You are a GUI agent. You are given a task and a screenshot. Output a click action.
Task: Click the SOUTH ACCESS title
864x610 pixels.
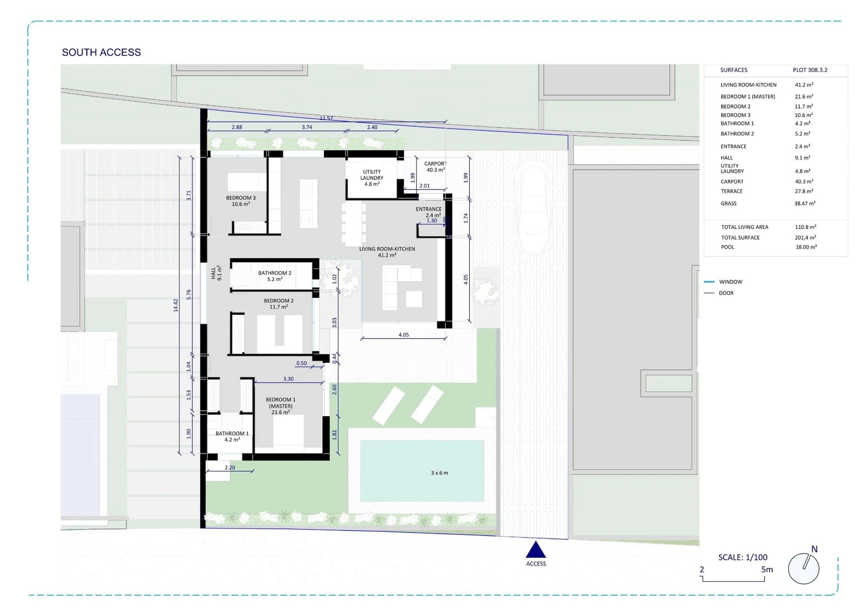coord(102,52)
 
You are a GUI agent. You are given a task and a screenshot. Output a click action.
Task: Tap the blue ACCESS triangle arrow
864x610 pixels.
coord(536,550)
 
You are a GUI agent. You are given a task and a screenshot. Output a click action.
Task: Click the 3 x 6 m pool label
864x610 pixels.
coord(440,473)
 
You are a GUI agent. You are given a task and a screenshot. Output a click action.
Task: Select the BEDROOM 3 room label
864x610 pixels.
coord(241,201)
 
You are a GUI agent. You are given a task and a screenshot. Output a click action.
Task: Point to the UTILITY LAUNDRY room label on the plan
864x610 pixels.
coord(372,178)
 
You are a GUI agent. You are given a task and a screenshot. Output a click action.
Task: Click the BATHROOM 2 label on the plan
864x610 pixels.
coord(275,276)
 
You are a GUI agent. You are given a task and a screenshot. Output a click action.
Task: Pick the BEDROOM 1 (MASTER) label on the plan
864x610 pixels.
coord(280,405)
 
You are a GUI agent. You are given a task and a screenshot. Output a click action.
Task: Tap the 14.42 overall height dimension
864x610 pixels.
coord(176,305)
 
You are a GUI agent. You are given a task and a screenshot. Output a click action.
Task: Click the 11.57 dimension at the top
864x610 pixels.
coord(326,118)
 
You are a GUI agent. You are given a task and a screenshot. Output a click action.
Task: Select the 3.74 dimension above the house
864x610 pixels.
coord(307,127)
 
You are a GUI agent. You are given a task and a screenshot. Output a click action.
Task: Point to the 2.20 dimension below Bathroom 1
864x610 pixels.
coord(230,467)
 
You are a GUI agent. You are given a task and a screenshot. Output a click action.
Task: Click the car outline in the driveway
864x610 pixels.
coord(534,207)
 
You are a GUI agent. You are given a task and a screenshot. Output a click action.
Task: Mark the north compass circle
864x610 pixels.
coord(804,568)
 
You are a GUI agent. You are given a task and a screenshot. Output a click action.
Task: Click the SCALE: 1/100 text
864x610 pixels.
coord(743,557)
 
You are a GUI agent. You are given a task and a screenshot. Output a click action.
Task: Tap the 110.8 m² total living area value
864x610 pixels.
coord(805,227)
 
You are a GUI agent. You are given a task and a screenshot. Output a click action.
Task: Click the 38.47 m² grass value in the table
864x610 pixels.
coord(805,203)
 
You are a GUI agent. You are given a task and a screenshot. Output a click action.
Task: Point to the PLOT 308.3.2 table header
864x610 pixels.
coord(810,70)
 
